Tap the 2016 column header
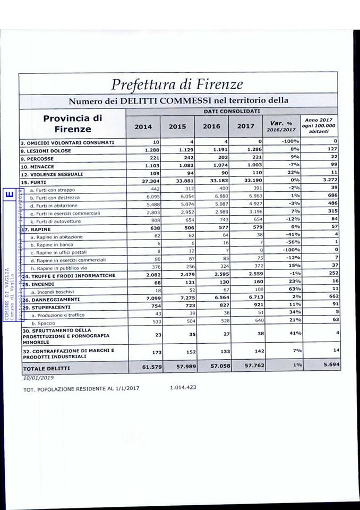(x=211, y=126)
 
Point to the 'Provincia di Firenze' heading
(x=72, y=123)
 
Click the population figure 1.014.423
(x=183, y=387)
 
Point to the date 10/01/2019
(x=35, y=378)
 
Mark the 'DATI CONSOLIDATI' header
(x=232, y=111)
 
